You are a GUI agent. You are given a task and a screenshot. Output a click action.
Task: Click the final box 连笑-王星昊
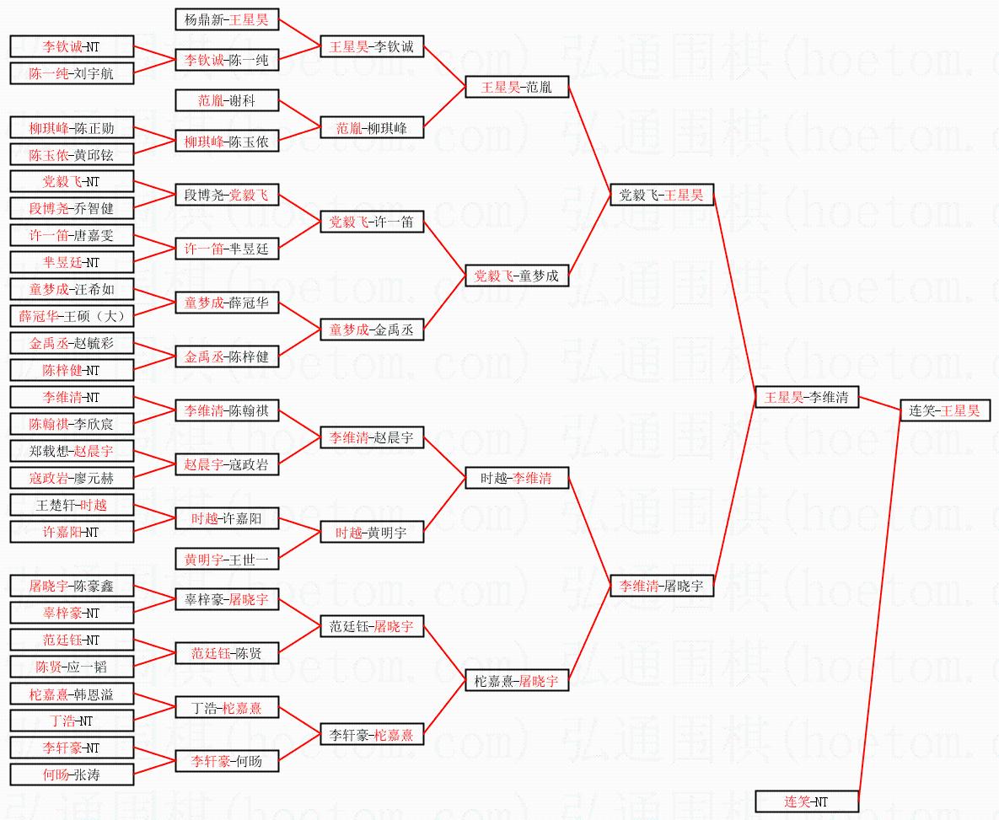(x=945, y=411)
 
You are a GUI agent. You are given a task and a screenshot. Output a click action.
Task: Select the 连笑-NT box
(x=807, y=801)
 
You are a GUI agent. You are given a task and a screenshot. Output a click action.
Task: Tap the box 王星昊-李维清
(x=807, y=398)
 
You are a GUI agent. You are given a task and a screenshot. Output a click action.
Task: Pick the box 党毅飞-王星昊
(x=661, y=196)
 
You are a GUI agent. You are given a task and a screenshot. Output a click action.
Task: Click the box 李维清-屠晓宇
(x=661, y=586)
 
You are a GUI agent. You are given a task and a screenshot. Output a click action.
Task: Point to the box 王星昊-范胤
(x=517, y=88)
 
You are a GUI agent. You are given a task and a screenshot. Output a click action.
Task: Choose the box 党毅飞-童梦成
(x=517, y=276)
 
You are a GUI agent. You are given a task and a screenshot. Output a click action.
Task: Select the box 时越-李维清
(x=517, y=478)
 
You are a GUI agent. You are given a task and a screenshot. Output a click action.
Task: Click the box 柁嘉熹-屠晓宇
(x=517, y=681)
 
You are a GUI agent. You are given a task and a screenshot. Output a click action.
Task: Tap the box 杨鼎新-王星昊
(x=227, y=19)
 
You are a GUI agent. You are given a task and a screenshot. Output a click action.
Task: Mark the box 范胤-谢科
(x=227, y=100)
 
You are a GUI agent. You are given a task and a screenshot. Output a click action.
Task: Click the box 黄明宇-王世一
(x=227, y=560)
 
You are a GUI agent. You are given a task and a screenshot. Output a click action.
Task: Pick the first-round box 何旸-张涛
(x=72, y=774)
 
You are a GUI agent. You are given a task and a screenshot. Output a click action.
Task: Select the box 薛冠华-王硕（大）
(x=72, y=316)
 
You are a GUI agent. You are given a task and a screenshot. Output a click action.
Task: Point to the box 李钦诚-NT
(x=72, y=46)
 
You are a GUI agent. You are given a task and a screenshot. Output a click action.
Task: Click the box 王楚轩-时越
(x=72, y=506)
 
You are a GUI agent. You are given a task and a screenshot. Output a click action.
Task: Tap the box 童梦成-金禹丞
(x=372, y=330)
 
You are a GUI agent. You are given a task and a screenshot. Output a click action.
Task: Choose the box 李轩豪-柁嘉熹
(x=372, y=735)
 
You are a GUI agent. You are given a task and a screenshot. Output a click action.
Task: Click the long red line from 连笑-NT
(x=879, y=604)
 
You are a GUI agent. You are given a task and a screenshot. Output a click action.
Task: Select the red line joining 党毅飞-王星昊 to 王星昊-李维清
(x=734, y=297)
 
